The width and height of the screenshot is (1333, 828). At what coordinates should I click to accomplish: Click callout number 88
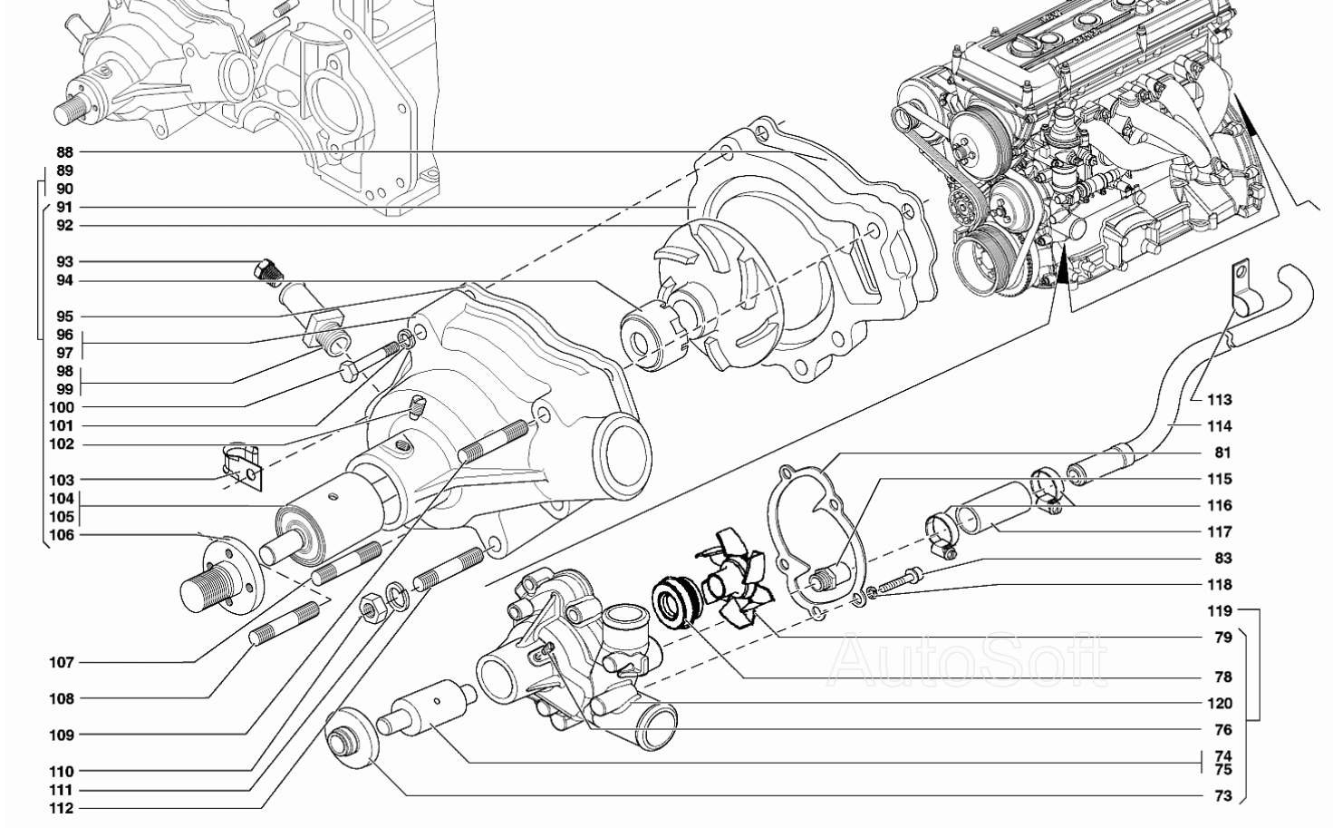(x=64, y=151)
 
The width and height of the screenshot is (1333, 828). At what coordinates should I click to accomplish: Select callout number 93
(x=64, y=261)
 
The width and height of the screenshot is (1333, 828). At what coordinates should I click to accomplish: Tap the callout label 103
(x=62, y=480)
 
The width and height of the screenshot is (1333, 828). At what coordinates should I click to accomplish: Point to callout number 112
(x=62, y=808)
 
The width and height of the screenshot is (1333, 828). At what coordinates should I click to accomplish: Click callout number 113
(x=1220, y=400)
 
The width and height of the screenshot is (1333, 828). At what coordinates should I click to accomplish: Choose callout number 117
(x=1220, y=531)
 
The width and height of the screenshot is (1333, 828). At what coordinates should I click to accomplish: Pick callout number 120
(x=1220, y=704)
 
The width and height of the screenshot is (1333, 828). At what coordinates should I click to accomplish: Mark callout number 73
(x=1223, y=795)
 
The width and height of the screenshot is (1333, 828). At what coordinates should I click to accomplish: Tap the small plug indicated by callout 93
(x=268, y=271)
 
